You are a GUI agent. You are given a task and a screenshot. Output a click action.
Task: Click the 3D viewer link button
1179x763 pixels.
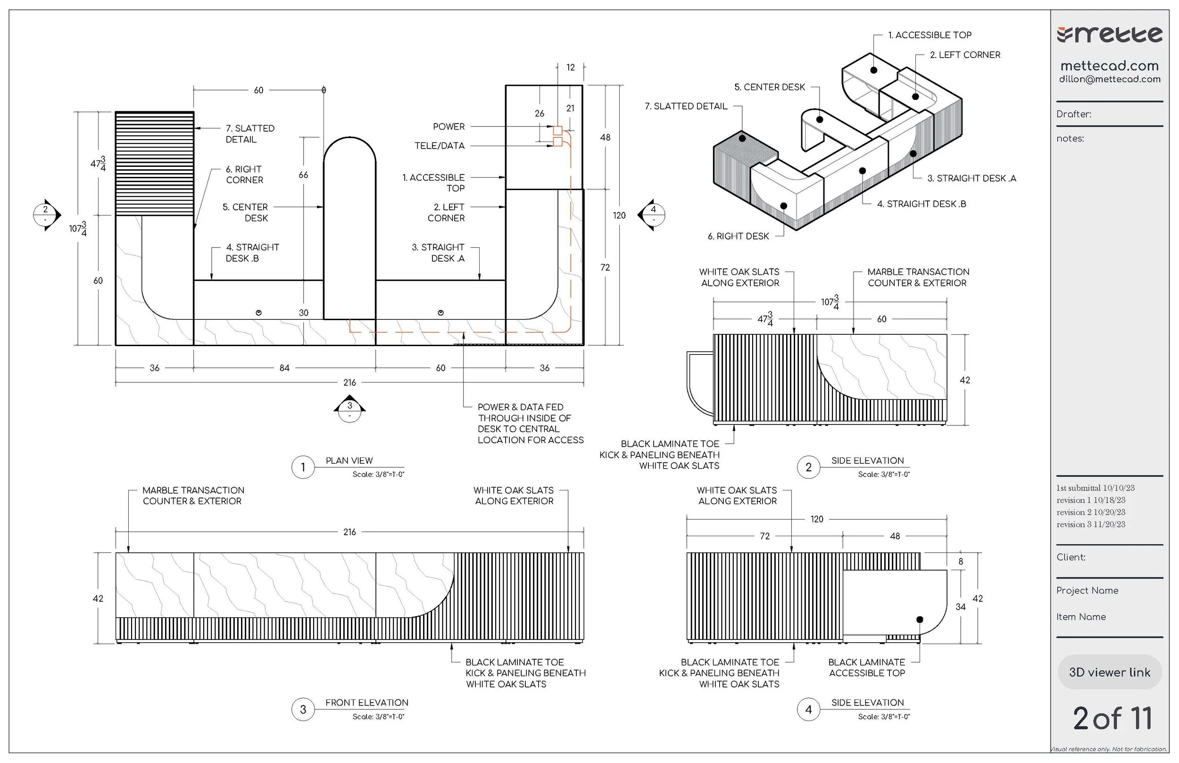click(1109, 672)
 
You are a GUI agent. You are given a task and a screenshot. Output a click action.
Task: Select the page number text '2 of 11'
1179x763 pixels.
click(1112, 719)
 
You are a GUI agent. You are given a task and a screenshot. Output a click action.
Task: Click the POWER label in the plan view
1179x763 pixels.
click(448, 127)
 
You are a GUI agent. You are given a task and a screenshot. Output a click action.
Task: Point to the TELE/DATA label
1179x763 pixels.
click(440, 146)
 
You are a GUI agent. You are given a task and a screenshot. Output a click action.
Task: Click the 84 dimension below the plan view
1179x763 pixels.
click(284, 368)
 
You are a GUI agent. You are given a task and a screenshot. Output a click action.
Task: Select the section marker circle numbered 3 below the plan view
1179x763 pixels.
click(350, 409)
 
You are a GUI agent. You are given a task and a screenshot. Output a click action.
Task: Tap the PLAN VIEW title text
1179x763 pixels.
click(349, 461)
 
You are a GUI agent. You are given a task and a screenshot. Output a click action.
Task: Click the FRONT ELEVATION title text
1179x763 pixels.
click(366, 703)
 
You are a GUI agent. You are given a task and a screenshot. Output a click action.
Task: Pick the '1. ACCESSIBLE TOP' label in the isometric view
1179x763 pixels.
click(930, 35)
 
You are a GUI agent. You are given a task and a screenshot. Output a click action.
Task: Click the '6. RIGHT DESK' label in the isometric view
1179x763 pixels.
click(738, 236)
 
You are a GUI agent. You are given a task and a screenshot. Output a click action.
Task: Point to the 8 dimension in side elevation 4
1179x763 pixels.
click(961, 561)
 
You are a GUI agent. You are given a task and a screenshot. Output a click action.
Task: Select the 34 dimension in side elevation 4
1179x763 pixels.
click(960, 607)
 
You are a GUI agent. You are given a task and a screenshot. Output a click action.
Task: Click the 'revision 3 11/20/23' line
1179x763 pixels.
click(1090, 524)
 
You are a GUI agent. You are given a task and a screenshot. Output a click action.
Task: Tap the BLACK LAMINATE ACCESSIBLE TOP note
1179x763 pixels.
click(866, 667)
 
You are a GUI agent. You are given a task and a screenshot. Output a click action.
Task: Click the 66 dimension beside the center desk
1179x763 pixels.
click(303, 175)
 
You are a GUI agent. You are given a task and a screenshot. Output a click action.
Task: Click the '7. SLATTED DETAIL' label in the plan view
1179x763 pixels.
click(249, 134)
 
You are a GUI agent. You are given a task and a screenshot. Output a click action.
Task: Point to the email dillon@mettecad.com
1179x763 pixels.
click(1110, 79)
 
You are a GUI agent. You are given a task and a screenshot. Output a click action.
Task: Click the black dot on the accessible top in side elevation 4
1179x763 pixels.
click(920, 619)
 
